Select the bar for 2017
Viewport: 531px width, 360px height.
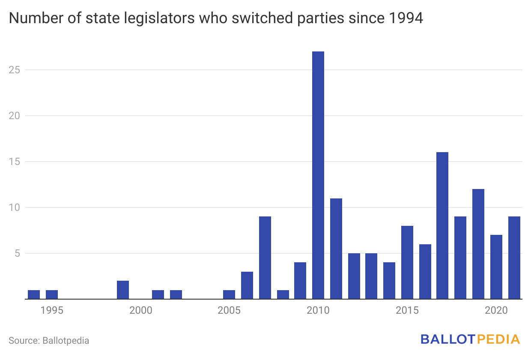click(442, 225)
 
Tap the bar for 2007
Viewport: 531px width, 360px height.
click(265, 258)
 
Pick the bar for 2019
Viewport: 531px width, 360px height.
click(478, 244)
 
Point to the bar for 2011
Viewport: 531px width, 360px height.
click(336, 249)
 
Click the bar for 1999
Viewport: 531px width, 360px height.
click(123, 290)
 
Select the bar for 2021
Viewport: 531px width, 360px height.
click(514, 258)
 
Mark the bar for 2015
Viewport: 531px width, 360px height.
click(407, 262)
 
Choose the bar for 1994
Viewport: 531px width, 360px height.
click(34, 294)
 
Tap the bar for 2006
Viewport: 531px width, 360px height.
click(247, 285)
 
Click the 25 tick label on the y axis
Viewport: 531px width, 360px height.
click(15, 70)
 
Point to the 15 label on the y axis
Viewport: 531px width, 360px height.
click(15, 162)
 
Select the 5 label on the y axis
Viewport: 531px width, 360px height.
click(17, 253)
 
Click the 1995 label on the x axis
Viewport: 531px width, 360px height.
click(52, 310)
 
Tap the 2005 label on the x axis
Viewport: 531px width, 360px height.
click(229, 310)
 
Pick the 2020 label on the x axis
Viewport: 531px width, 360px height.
click(496, 310)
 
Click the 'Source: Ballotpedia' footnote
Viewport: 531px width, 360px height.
click(49, 341)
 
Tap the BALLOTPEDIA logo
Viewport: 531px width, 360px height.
click(470, 339)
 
